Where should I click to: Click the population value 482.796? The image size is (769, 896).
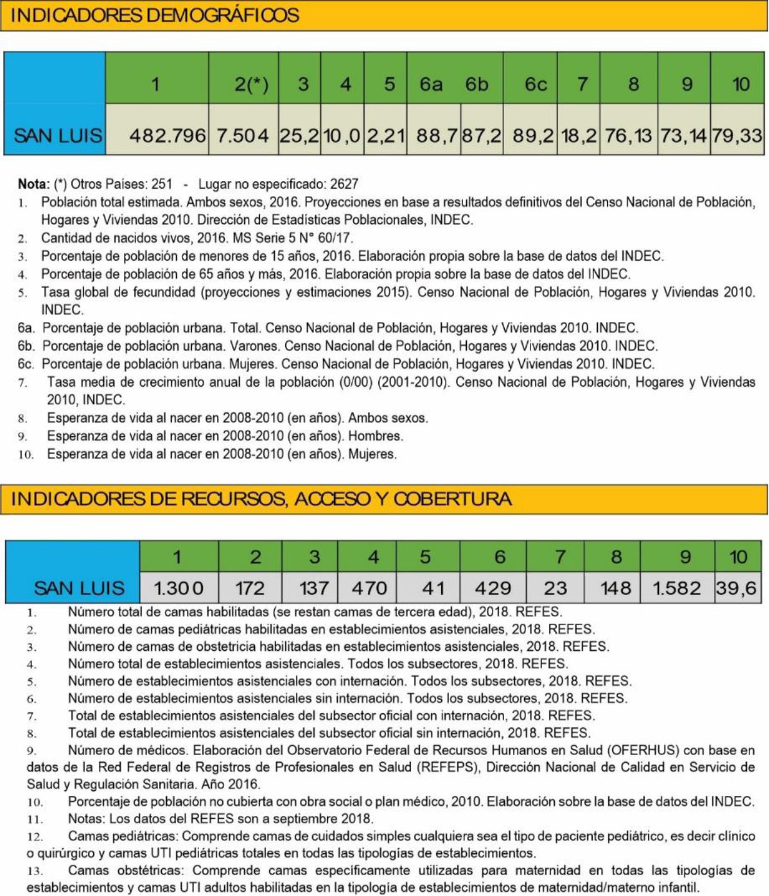click(167, 135)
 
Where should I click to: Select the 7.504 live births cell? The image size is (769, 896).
click(242, 135)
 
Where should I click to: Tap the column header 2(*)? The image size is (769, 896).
click(251, 84)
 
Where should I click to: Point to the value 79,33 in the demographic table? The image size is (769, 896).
click(737, 135)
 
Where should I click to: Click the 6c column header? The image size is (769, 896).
click(536, 84)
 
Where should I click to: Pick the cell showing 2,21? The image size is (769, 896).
click(386, 135)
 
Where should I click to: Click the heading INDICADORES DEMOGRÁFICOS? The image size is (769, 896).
click(155, 15)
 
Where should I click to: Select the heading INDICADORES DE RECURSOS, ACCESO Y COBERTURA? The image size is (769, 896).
click(261, 499)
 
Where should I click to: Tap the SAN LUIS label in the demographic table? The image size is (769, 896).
click(58, 135)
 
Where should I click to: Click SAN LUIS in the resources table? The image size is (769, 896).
click(79, 588)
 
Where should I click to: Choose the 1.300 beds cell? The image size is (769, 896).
click(179, 588)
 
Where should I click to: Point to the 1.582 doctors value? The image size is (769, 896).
click(676, 588)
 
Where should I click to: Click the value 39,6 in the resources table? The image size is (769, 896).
click(736, 588)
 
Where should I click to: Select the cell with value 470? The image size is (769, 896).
click(369, 588)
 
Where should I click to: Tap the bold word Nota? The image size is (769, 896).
click(33, 184)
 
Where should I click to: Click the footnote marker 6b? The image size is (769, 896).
click(26, 346)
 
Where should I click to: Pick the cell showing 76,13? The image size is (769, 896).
click(629, 135)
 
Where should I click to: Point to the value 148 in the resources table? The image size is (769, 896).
click(615, 588)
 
